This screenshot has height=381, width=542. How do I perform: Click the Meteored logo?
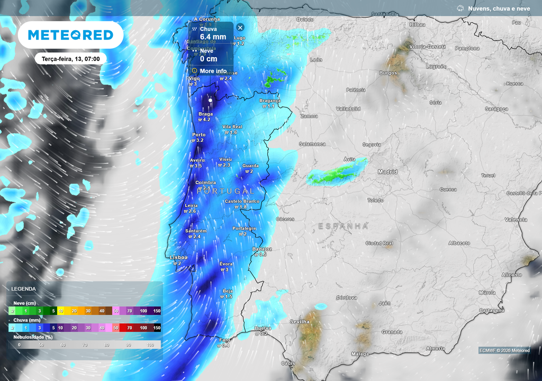coord(70,35)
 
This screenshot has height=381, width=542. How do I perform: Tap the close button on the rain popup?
coord(240,28)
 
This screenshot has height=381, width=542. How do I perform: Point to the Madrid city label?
coord(387,172)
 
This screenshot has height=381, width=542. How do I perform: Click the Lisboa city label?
coord(178,258)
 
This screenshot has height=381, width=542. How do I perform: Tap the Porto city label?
coord(198,135)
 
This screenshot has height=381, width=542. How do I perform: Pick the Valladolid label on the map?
coord(348,109)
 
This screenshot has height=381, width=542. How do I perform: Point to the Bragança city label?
coord(270,101)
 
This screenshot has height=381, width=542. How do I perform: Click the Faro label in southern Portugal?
coord(224,340)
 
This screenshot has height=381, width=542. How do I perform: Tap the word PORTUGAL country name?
coord(229,190)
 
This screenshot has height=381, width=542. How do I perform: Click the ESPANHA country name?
coord(343,226)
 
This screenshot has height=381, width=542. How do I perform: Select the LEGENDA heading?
coord(24,289)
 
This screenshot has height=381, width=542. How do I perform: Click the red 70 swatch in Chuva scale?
coord(130,328)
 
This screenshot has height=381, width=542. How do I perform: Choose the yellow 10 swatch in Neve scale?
coord(60,311)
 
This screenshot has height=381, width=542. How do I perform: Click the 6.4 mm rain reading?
coord(213,37)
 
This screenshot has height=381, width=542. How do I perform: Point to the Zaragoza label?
coord(496,109)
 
